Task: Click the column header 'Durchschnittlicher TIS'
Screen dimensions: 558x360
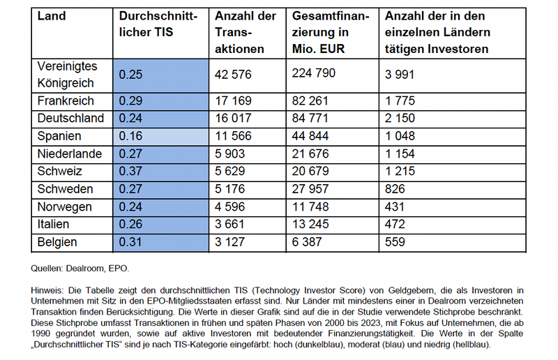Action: (158, 24)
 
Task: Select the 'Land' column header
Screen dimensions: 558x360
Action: (52, 16)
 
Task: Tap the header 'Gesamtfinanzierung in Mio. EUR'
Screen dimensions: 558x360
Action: (331, 32)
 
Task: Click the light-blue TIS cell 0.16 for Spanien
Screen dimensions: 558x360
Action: (161, 136)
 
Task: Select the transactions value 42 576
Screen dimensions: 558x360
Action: (233, 75)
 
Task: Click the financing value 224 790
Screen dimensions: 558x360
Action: (313, 73)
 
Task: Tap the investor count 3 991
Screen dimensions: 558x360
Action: (400, 75)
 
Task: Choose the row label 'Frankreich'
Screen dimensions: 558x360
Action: (66, 100)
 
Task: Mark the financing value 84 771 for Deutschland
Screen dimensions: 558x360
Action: (310, 118)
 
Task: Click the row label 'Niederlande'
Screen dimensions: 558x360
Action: (69, 153)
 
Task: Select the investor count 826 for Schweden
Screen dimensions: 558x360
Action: (395, 189)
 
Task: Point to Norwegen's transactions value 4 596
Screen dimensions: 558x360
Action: (230, 207)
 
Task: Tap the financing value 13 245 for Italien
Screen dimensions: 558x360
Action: (310, 225)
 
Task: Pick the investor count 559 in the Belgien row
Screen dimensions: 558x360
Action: (395, 242)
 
